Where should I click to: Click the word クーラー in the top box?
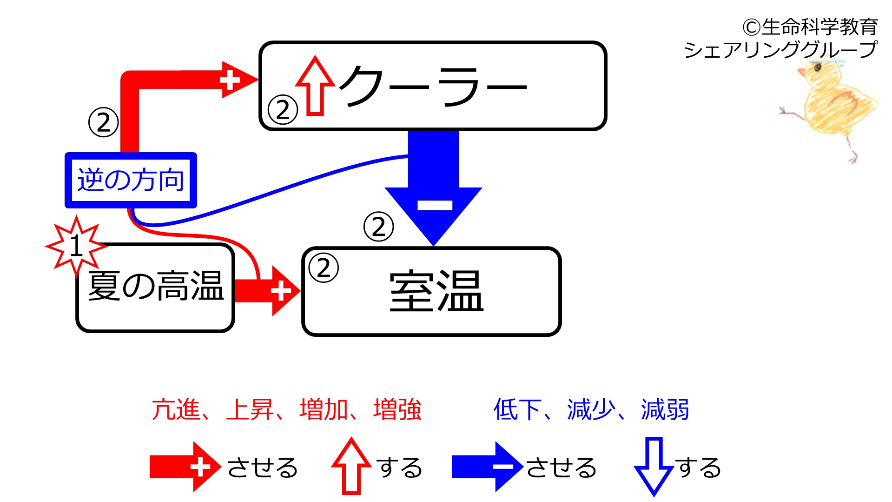click(x=433, y=87)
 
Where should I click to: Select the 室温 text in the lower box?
click(x=436, y=291)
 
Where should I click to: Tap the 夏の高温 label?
click(x=156, y=286)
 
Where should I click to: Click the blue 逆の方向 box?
click(x=131, y=180)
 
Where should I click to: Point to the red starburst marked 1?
click(x=76, y=245)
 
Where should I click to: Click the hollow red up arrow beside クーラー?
click(x=315, y=86)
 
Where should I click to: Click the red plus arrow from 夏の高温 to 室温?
click(x=268, y=291)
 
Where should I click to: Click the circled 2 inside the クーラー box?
click(x=283, y=110)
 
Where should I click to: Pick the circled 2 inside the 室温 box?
click(x=324, y=268)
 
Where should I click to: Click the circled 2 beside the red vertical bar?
click(x=103, y=122)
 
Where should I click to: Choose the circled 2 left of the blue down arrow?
click(x=378, y=227)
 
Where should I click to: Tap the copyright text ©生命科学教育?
click(x=810, y=27)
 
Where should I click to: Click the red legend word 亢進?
click(x=176, y=410)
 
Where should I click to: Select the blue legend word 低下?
click(x=517, y=410)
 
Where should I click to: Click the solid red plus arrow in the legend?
click(x=185, y=467)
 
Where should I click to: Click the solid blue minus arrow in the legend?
click(x=488, y=467)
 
